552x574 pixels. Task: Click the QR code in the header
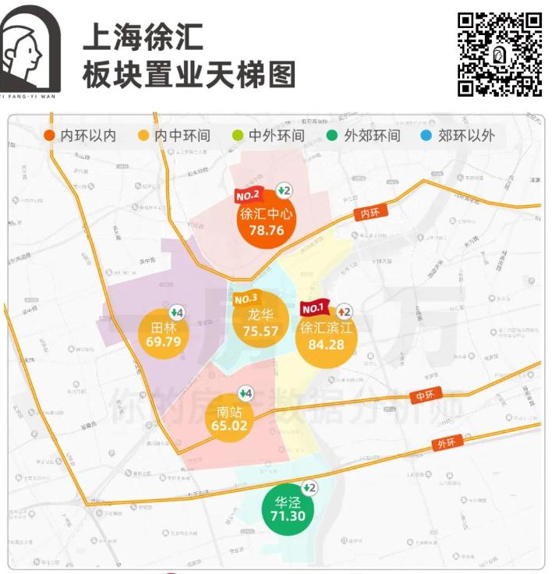(499, 54)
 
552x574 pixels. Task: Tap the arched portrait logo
(30, 48)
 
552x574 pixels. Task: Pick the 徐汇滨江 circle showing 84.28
(327, 336)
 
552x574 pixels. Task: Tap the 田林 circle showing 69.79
(163, 335)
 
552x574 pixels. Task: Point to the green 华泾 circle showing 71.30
(288, 508)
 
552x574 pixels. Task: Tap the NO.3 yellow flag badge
(246, 299)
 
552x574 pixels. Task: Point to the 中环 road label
(424, 396)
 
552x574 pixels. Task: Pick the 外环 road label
(448, 442)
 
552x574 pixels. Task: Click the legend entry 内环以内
(80, 136)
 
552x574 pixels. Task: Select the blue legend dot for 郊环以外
(425, 136)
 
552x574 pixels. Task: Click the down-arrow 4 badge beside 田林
(178, 312)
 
